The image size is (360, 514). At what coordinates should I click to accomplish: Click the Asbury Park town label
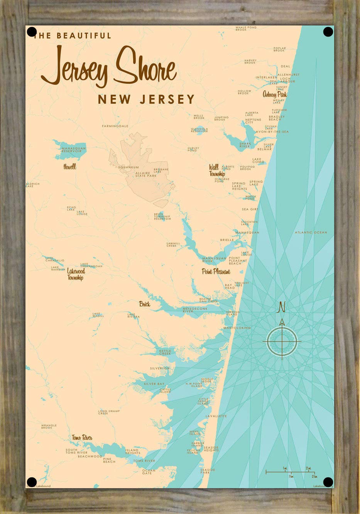point(275,94)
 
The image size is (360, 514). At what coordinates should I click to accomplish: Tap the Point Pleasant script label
point(216,271)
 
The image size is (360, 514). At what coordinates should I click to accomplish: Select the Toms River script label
point(82,438)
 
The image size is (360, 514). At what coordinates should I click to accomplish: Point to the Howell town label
point(70,167)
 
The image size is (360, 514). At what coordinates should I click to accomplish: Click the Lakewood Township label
point(75,274)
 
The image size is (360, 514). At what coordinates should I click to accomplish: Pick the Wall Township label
point(217,170)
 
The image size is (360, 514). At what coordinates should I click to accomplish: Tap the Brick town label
point(145,304)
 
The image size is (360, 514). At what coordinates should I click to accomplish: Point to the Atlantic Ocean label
point(311,233)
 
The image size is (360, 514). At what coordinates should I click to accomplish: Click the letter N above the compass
point(282,307)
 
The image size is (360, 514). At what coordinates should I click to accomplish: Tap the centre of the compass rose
point(282,341)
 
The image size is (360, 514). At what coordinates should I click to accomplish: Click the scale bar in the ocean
point(290,472)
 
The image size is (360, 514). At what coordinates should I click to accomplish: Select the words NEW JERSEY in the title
point(146,99)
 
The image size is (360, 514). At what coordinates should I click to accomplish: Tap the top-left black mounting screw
point(32,32)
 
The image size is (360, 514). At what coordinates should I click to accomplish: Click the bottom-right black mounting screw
point(328,482)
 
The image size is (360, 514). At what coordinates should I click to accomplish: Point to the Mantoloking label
point(237,328)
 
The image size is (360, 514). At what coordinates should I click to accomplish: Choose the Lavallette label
point(216,416)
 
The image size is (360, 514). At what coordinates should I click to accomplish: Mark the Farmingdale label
point(115,126)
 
